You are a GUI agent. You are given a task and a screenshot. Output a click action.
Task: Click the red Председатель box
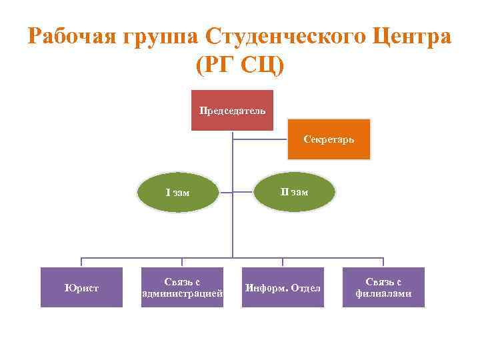pyautogui.click(x=232, y=110)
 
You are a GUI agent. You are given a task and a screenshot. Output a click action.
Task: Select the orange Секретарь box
pyautogui.click(x=328, y=139)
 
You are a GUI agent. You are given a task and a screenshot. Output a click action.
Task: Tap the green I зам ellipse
pyautogui.click(x=178, y=193)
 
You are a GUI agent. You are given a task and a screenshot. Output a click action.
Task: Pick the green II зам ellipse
pyautogui.click(x=293, y=192)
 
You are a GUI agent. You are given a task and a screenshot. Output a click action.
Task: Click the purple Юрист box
pyautogui.click(x=81, y=287)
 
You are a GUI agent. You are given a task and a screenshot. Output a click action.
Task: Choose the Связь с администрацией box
pyautogui.click(x=182, y=287)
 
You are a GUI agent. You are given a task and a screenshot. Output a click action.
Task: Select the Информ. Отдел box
pyautogui.click(x=283, y=287)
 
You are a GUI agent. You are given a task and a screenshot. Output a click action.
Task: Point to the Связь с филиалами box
pyautogui.click(x=383, y=287)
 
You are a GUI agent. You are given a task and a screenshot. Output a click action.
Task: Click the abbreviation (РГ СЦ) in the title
pyautogui.click(x=240, y=65)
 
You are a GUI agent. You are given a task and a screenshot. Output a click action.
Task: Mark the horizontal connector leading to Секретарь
pyautogui.click(x=260, y=140)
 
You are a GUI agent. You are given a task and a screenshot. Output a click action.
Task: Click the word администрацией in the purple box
pyautogui.click(x=182, y=293)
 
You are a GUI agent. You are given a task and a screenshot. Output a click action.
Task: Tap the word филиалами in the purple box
pyautogui.click(x=383, y=293)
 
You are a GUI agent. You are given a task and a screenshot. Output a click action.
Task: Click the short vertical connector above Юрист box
pyautogui.click(x=81, y=262)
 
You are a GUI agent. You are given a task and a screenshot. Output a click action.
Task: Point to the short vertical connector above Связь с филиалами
pyautogui.click(x=383, y=262)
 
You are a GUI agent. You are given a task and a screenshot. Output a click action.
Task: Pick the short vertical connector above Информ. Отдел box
pyautogui.click(x=283, y=262)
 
